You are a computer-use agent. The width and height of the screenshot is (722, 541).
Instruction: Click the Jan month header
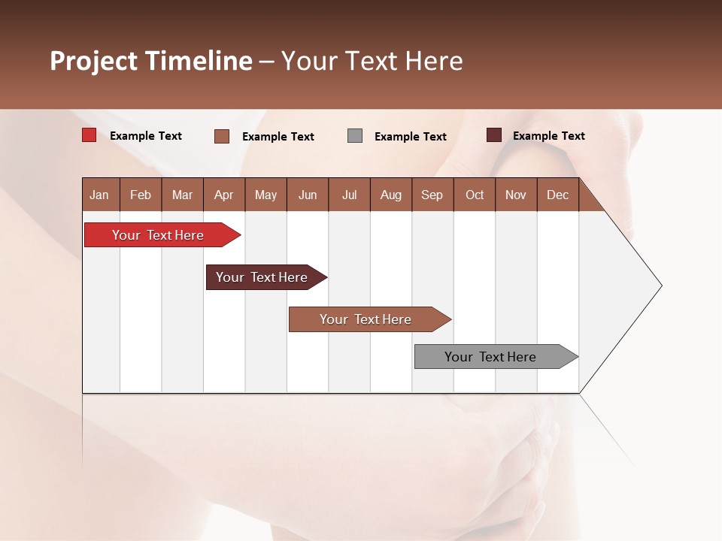[x=99, y=195]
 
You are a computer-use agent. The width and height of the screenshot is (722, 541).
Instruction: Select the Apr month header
[x=223, y=195]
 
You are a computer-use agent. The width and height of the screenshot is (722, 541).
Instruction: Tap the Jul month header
[x=349, y=195]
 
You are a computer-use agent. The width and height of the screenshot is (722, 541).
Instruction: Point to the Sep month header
[x=432, y=195]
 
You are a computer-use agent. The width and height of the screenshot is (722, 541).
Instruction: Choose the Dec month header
[x=557, y=195]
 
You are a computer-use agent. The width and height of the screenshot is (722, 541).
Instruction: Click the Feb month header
[x=141, y=195]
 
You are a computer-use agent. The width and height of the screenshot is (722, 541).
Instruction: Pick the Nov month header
[x=515, y=195]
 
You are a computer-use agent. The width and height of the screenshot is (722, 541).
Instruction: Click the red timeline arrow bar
[x=158, y=235]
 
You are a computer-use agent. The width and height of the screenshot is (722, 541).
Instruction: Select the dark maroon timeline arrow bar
[x=262, y=277]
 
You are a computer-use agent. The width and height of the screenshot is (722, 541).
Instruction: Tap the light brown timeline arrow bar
[x=366, y=319]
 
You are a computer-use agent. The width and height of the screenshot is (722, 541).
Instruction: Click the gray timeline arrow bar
[x=490, y=357]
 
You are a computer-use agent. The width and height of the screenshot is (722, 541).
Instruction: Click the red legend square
[x=89, y=135]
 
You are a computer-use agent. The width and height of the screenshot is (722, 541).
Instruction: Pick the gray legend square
[x=355, y=136]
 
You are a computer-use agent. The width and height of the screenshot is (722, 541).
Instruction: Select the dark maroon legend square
[x=494, y=135]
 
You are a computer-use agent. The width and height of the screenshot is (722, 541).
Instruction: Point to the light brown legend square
[x=222, y=136]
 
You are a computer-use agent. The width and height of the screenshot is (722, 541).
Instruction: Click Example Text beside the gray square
[x=411, y=137]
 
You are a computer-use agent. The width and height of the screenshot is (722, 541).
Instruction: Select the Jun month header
[x=308, y=195]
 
